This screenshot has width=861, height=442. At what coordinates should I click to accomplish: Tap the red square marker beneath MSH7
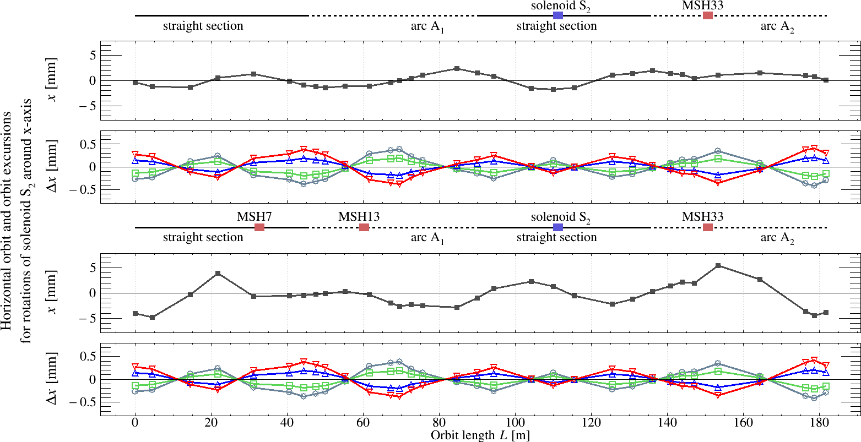pos(259,227)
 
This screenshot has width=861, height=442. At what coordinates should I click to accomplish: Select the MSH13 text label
pos(359,216)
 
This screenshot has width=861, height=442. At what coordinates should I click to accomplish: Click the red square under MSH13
pos(364,227)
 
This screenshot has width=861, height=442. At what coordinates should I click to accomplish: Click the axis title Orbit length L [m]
pos(480,435)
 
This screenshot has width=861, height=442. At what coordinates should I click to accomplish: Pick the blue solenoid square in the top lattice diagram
pos(558,15)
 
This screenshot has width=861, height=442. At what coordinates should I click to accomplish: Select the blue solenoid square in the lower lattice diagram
pos(558,227)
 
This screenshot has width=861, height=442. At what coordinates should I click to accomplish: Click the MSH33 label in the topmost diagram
pos(702,5)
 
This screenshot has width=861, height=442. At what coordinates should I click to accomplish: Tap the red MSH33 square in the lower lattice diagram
pos(708,227)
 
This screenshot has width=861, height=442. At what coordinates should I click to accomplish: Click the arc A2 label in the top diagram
pos(777,26)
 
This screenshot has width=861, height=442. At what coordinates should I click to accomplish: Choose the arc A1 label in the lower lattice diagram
pos(427,238)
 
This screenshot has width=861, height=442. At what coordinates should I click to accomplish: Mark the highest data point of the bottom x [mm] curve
pos(718,265)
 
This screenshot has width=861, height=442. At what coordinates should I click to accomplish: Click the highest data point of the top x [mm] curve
pos(457,68)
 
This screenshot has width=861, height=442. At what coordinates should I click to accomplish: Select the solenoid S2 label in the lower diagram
pos(560,216)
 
